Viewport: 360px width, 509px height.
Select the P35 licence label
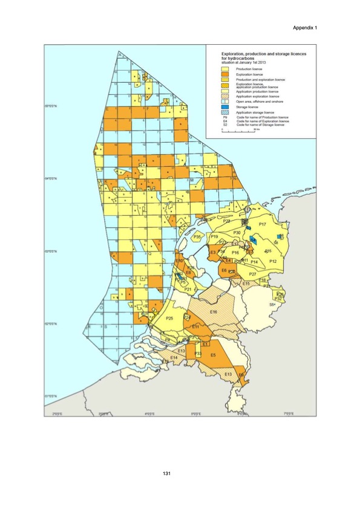(197, 238)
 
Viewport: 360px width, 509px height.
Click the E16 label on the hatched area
(214, 311)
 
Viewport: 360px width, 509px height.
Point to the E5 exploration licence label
(213, 355)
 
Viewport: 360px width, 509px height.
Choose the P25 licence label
(170, 319)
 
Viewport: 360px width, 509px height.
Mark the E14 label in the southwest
(174, 358)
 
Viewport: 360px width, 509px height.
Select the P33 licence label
(197, 353)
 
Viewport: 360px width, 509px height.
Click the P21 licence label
(188, 290)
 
